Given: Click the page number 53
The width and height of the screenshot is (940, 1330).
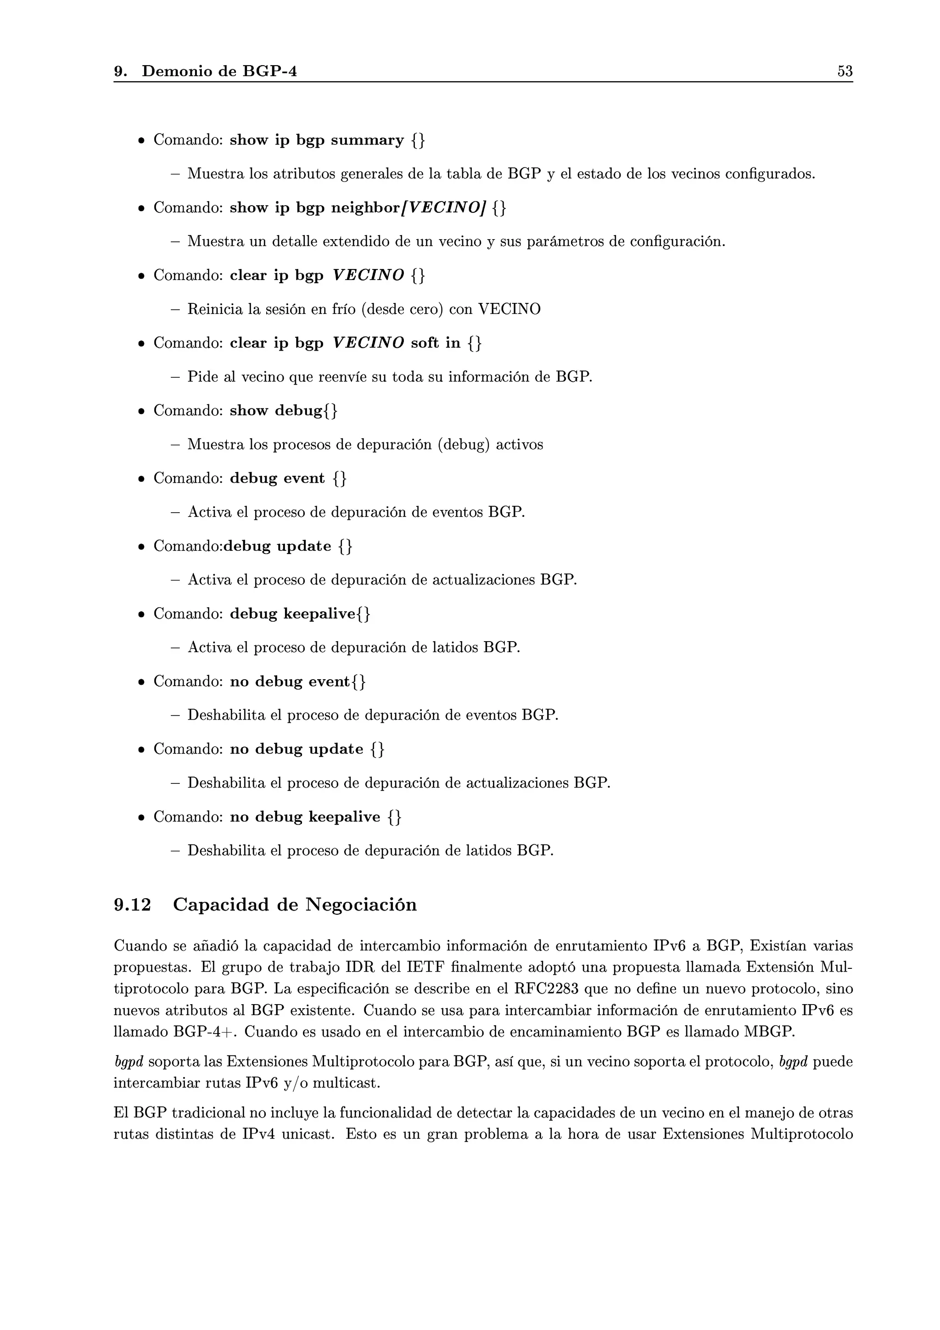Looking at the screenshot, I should pyautogui.click(x=845, y=71).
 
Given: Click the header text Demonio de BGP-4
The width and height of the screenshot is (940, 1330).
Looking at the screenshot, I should pyautogui.click(x=219, y=71).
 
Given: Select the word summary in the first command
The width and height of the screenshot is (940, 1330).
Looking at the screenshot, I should pyautogui.click(x=367, y=140).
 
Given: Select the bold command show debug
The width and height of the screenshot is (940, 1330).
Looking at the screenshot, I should pyautogui.click(x=276, y=411).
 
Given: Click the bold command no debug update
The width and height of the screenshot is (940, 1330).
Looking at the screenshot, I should pyautogui.click(x=296, y=749).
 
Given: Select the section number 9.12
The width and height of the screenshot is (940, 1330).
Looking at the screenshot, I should pyautogui.click(x=132, y=905).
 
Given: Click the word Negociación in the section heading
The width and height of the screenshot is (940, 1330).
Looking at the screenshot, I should pyautogui.click(x=361, y=905).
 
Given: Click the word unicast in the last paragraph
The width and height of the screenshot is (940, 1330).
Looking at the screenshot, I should pyautogui.click(x=308, y=1134).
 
